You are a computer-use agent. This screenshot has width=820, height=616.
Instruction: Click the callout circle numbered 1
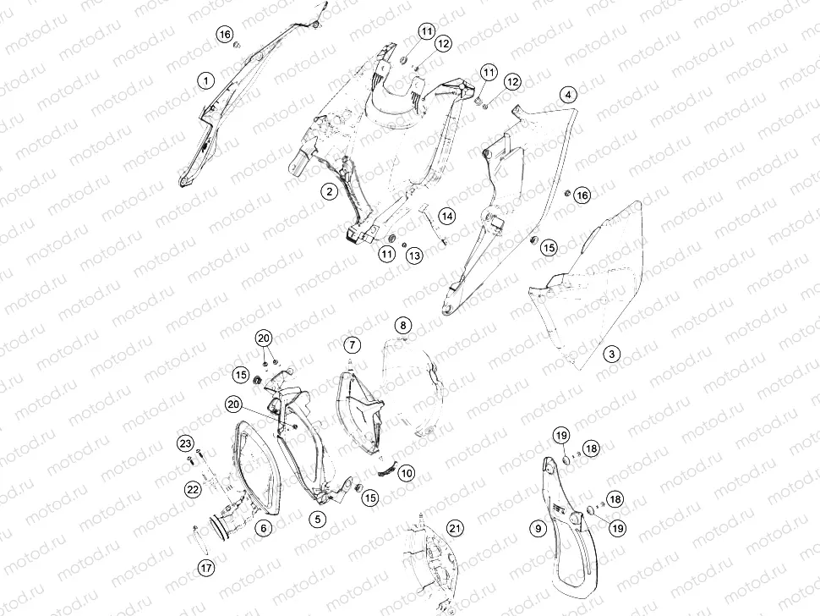tap(206, 80)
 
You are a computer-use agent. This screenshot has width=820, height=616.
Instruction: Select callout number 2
tap(330, 191)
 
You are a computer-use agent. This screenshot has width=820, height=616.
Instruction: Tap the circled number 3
tap(612, 354)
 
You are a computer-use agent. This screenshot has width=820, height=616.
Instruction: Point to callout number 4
tap(568, 95)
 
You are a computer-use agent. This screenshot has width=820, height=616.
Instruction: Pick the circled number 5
tap(318, 519)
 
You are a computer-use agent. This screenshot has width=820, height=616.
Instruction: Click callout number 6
tap(264, 527)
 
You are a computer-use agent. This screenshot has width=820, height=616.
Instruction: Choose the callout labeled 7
tap(353, 345)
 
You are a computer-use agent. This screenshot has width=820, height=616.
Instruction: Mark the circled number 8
tap(402, 326)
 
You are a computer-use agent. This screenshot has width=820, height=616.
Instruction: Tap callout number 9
tap(538, 529)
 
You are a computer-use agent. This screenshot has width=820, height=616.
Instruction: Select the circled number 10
tap(407, 473)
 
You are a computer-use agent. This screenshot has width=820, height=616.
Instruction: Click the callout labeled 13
tap(415, 256)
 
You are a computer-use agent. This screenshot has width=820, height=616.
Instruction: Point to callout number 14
tap(446, 216)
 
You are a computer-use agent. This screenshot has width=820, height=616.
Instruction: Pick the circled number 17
tap(207, 567)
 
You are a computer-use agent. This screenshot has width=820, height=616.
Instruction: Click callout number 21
tap(455, 527)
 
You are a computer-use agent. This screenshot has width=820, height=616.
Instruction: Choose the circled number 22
tap(193, 489)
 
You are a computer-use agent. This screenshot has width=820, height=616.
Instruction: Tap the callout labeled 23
tap(186, 444)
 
